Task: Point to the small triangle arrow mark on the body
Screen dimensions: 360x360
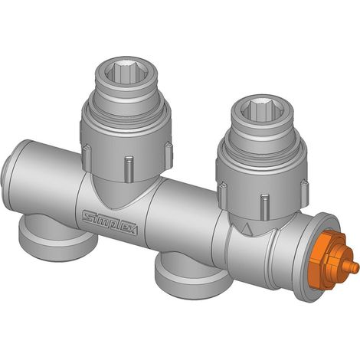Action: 247,228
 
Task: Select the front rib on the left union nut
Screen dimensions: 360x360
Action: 129,169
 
